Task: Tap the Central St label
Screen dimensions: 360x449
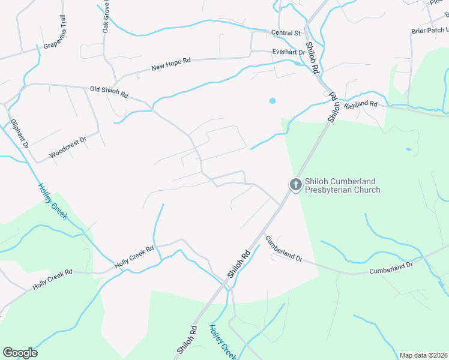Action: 285,33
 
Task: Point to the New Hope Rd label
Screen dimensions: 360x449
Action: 170,63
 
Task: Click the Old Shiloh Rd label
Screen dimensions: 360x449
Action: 109,91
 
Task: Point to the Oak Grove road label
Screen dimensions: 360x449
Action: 106,16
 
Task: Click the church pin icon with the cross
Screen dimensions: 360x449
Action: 295,185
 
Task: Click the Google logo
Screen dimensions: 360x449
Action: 20,352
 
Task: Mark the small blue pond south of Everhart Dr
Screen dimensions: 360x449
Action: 273,101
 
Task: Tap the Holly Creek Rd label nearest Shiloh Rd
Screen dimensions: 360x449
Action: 134,256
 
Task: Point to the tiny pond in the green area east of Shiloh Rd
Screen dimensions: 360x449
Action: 408,149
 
